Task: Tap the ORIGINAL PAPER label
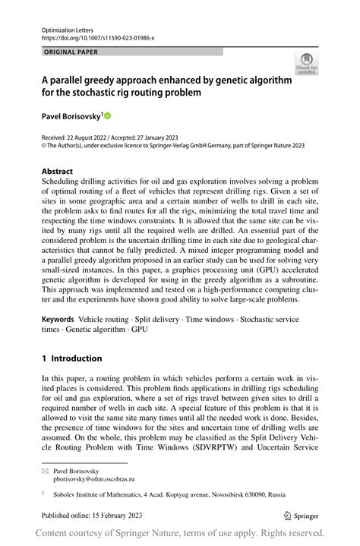pyautogui.click(x=71, y=52)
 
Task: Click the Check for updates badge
pyautogui.click(x=306, y=65)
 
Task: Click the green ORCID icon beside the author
pyautogui.click(x=107, y=115)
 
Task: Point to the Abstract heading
pyautogui.click(x=58, y=172)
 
